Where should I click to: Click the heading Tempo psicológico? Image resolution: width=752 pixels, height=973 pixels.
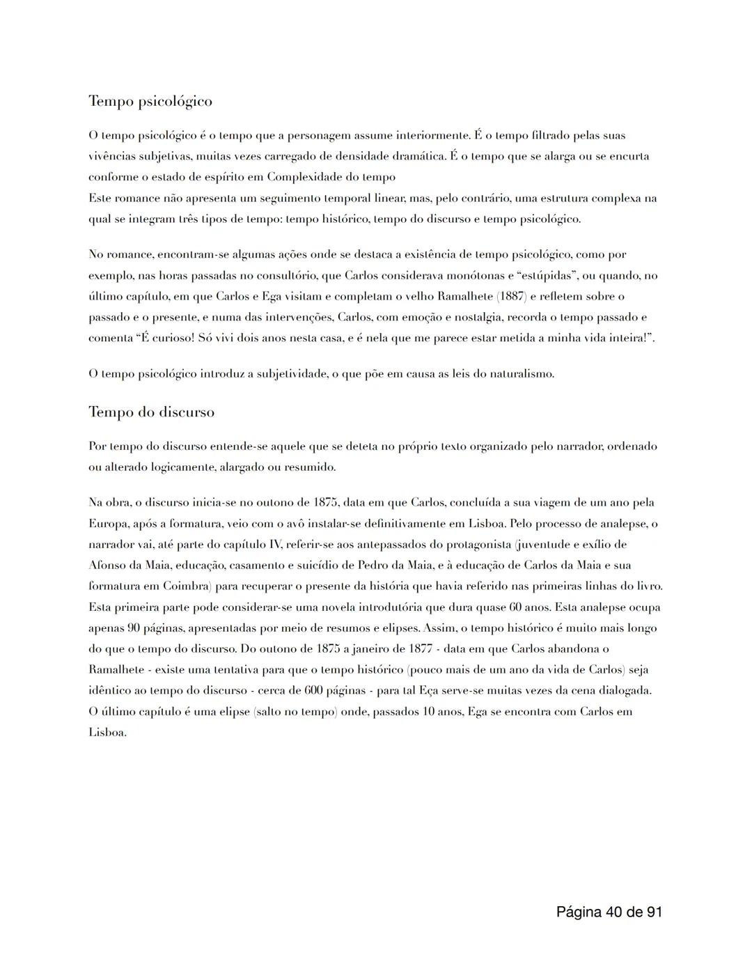pyautogui.click(x=150, y=102)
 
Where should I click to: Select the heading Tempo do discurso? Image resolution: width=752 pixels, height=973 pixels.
pyautogui.click(x=151, y=412)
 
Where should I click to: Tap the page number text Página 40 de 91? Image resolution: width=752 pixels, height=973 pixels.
pyautogui.click(x=609, y=911)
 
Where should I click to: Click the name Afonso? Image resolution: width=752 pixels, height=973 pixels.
pyautogui.click(x=107, y=566)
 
